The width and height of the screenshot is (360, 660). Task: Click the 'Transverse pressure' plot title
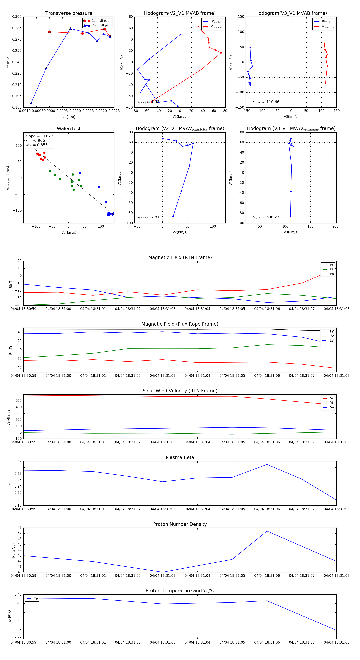(x=69, y=13)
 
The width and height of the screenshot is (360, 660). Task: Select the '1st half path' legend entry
(x=101, y=21)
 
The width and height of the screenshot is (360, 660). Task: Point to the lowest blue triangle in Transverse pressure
(x=31, y=103)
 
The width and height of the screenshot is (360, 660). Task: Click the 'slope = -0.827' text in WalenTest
(x=39, y=136)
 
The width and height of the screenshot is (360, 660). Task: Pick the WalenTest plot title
(x=69, y=129)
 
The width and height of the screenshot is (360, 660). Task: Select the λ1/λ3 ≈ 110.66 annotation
(x=266, y=102)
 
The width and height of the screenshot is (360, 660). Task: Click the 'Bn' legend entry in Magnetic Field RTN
(x=332, y=274)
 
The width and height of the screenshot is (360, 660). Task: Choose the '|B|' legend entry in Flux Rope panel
(x=331, y=345)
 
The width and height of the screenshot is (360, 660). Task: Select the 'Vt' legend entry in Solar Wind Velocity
(x=332, y=403)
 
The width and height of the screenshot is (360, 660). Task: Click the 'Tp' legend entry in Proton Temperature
(x=36, y=599)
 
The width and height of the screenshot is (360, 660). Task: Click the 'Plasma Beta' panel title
(x=180, y=457)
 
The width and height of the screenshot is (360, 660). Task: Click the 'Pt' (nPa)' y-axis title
(x=8, y=62)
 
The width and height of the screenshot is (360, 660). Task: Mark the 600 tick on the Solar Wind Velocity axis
(x=18, y=394)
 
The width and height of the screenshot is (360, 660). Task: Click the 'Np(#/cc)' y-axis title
(x=14, y=550)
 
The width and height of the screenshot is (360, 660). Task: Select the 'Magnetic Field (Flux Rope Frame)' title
(x=180, y=324)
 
